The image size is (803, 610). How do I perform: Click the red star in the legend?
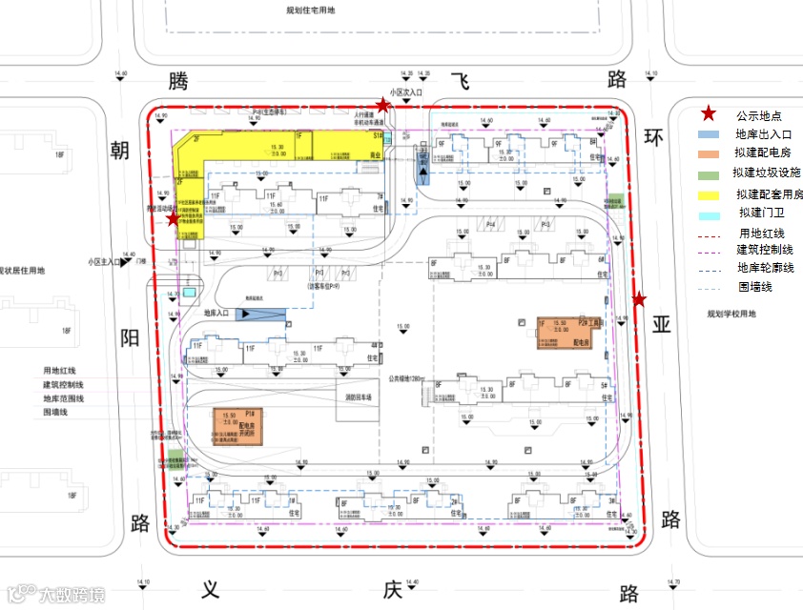pyautogui.click(x=709, y=112)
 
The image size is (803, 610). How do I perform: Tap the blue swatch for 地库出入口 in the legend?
pyautogui.click(x=709, y=134)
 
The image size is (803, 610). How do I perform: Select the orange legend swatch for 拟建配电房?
pyautogui.click(x=709, y=153)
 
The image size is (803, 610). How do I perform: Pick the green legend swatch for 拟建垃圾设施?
pyautogui.click(x=709, y=174)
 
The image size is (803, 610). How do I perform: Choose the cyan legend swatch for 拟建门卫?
pyautogui.click(x=709, y=213)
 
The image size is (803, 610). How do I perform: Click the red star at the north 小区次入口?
pyautogui.click(x=382, y=105)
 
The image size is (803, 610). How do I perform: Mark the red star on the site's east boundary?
pyautogui.click(x=639, y=299)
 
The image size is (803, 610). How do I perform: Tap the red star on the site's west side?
pyautogui.click(x=173, y=219)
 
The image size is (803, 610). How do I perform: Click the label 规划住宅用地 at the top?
pyautogui.click(x=310, y=10)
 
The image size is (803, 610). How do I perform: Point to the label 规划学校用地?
pyautogui.click(x=731, y=314)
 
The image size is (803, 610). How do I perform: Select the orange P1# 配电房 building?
pyautogui.click(x=239, y=426)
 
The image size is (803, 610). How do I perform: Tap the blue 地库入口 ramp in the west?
pyautogui.click(x=259, y=313)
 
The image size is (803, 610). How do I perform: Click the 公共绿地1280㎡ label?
pyautogui.click(x=405, y=378)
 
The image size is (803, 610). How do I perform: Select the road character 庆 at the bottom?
pyautogui.click(x=392, y=590)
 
